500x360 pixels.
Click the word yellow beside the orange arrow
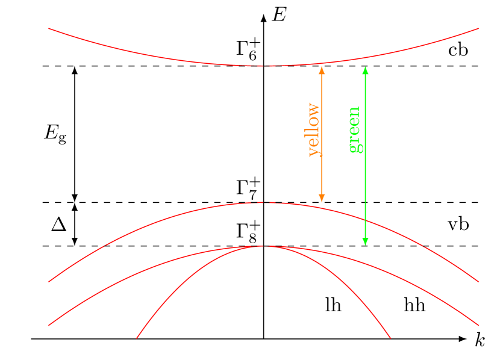(314, 130)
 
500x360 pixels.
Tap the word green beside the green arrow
(355, 129)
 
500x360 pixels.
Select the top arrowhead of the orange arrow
(322, 70)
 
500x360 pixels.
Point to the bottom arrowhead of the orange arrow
(322, 198)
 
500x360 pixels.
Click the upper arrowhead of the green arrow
(365, 70)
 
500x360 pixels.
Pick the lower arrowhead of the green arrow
(365, 241)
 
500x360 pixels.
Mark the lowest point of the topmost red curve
(264, 66)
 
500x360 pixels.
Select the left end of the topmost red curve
(49, 28)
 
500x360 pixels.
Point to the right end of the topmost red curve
(478, 28)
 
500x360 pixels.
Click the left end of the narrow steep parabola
(137, 338)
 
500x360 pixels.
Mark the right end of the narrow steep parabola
(391, 338)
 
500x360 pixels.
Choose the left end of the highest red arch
(49, 281)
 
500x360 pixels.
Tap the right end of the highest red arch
(478, 281)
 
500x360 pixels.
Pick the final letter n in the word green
(354, 111)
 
